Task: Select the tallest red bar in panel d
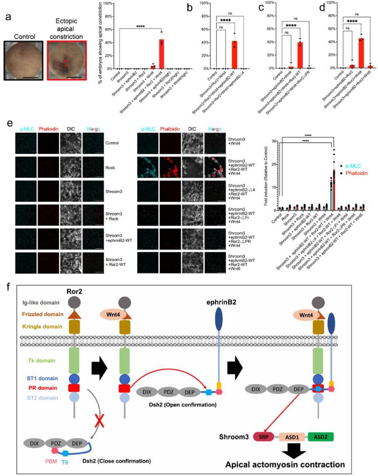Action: [x=347, y=52]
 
